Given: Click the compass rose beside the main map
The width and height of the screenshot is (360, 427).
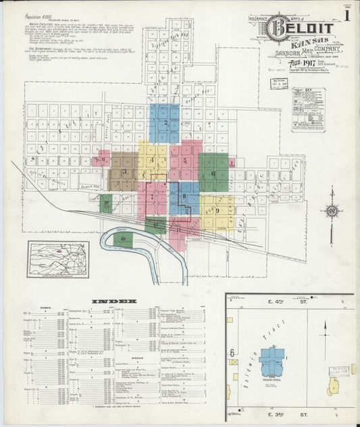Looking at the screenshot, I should tap(332, 211).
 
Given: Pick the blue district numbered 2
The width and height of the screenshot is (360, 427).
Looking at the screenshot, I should tap(165, 122).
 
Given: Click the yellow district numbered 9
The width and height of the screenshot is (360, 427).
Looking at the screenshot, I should tap(217, 210).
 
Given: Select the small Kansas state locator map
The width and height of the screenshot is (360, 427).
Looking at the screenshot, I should tap(59, 259).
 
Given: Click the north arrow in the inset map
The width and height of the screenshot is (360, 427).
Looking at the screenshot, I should tap(326, 330).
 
